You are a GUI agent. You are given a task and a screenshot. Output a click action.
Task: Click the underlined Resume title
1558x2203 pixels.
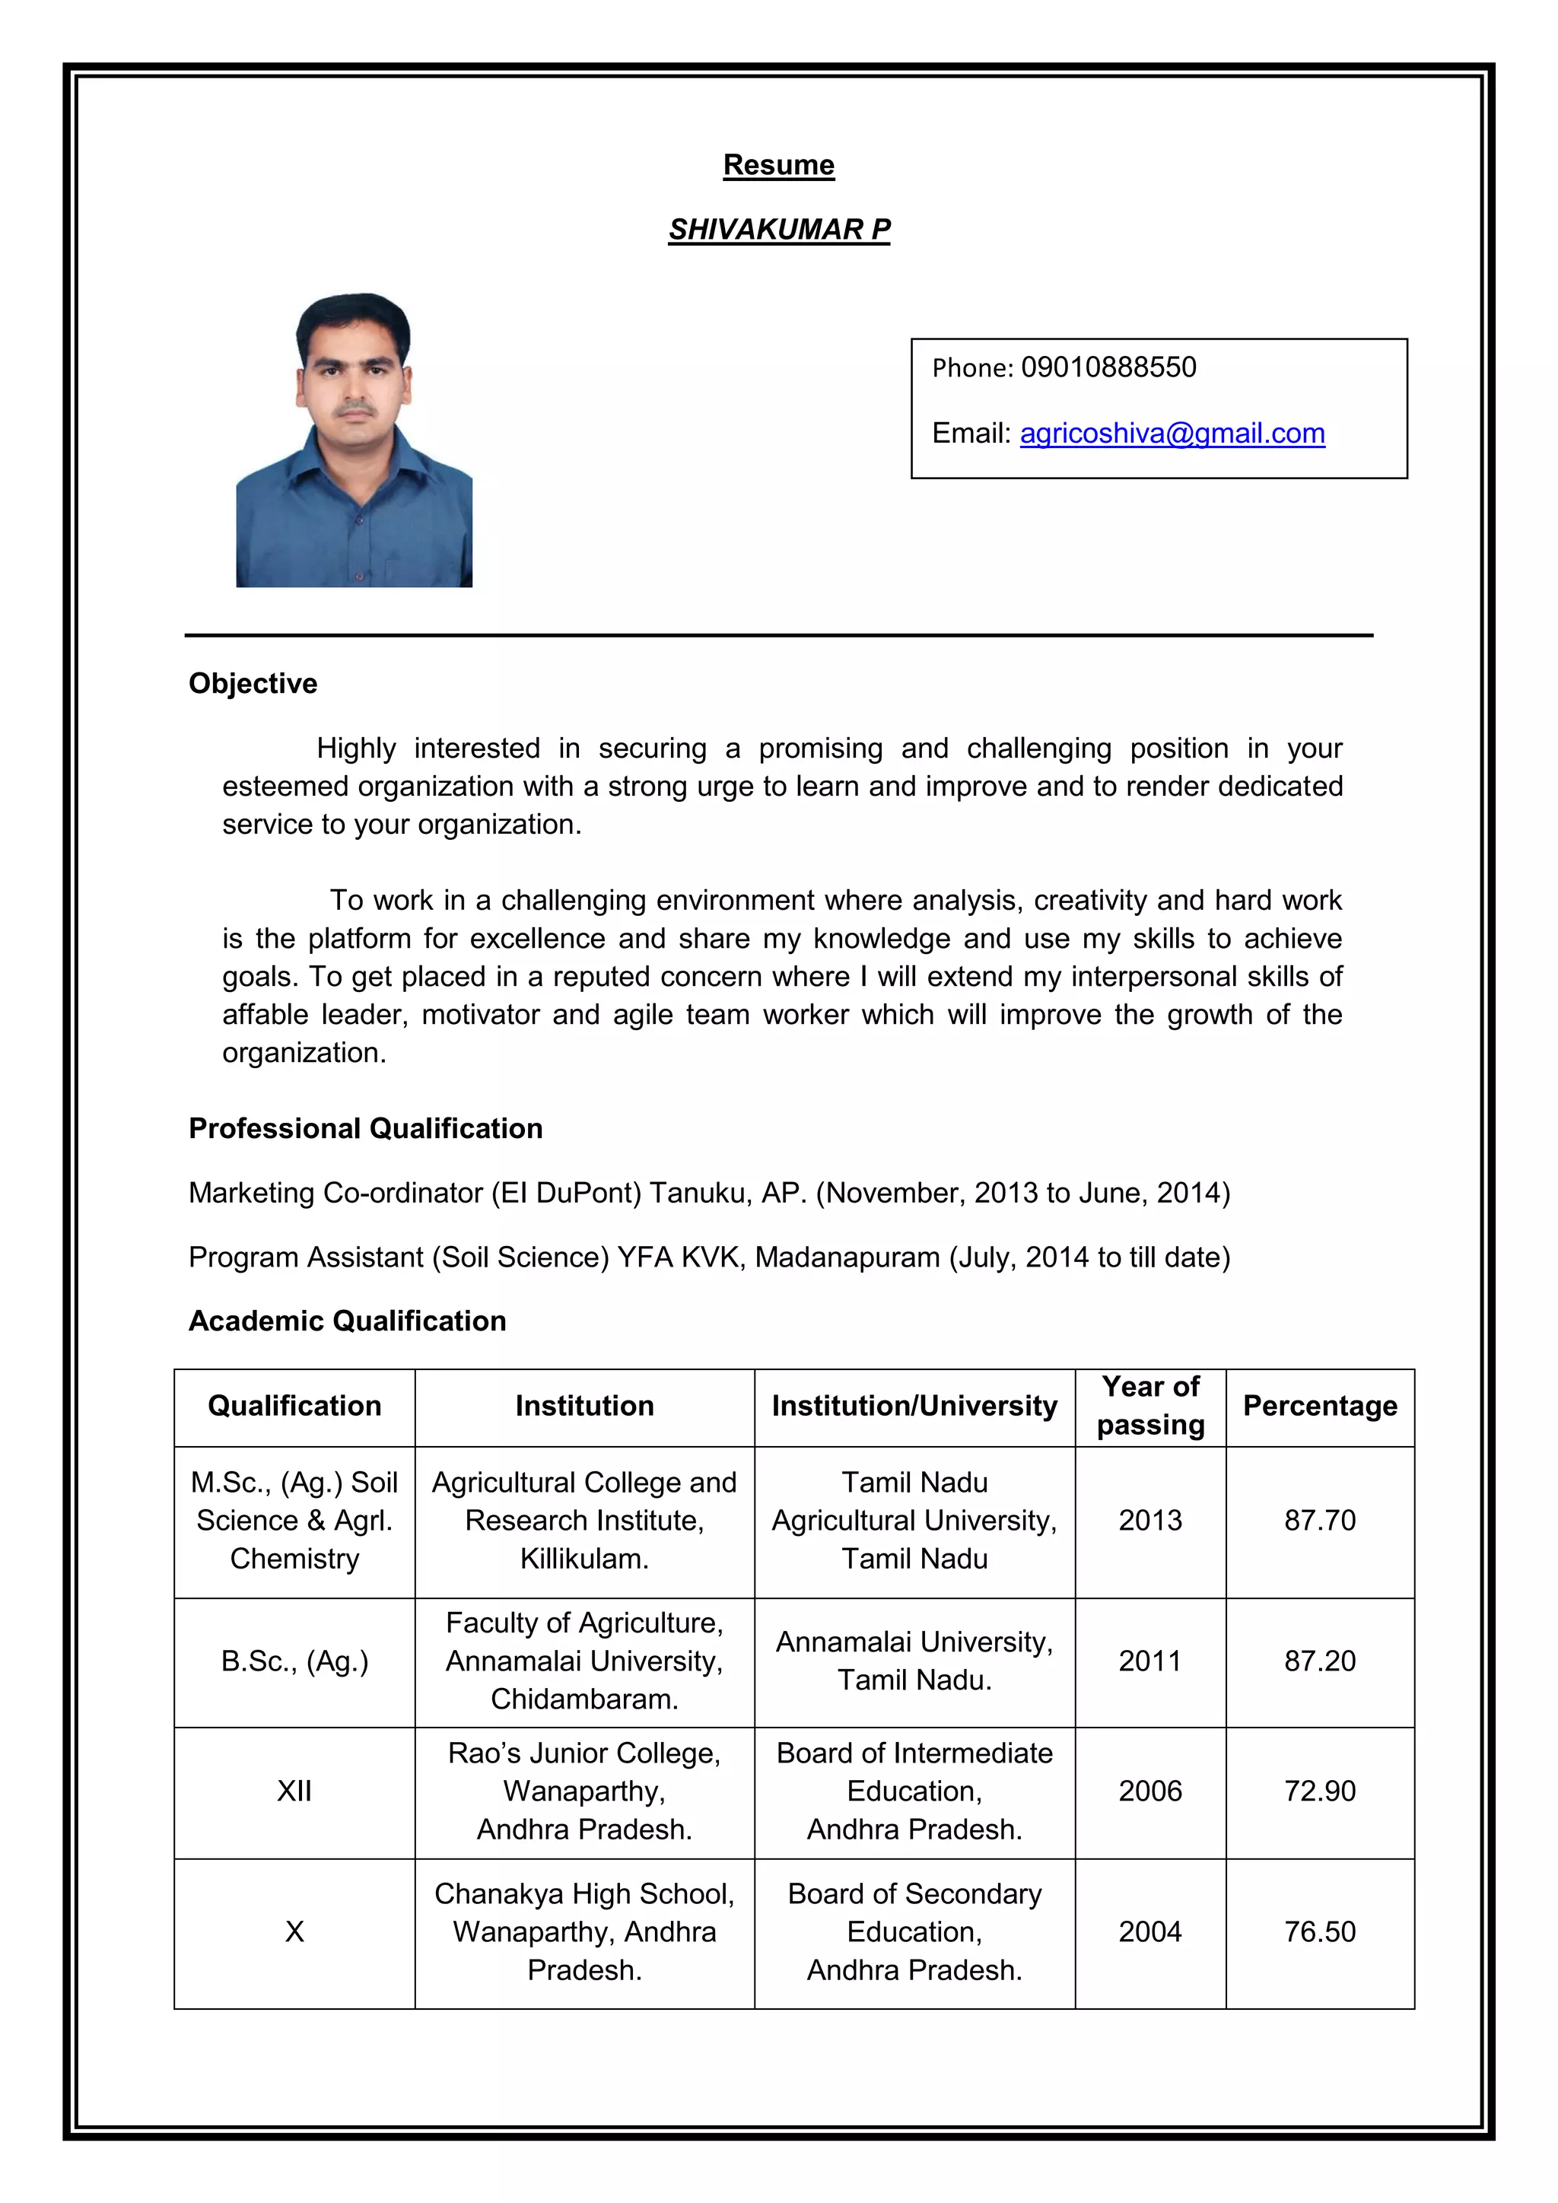778,165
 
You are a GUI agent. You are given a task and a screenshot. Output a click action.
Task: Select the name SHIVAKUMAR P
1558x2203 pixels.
778,229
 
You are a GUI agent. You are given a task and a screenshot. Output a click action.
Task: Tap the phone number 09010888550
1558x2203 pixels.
1108,367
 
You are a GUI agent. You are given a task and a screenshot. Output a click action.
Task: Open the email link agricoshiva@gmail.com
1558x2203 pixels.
1172,434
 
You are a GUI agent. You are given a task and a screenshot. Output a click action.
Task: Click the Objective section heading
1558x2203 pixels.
253,683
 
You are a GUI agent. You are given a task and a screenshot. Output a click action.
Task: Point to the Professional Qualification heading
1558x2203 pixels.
365,1128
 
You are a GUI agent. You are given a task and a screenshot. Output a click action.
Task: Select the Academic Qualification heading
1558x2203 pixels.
348,1321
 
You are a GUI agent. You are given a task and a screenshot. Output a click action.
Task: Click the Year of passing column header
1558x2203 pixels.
1149,1406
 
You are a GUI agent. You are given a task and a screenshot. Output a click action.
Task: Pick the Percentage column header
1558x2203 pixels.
1319,1406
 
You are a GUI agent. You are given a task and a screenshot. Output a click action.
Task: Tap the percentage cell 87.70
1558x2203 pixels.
1319,1521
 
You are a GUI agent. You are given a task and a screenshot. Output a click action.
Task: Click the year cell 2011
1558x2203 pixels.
1149,1661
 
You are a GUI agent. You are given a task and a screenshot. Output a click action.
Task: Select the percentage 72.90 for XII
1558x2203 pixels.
1319,1791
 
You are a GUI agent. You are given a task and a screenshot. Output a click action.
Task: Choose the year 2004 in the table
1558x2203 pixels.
1149,1931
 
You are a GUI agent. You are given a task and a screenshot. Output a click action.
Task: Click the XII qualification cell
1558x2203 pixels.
294,1791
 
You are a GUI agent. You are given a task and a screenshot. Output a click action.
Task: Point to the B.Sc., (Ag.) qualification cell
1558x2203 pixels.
294,1661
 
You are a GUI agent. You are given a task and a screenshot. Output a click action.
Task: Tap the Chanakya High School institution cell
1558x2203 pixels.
583,1931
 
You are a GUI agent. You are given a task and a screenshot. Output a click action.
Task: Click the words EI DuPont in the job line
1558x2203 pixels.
565,1193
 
